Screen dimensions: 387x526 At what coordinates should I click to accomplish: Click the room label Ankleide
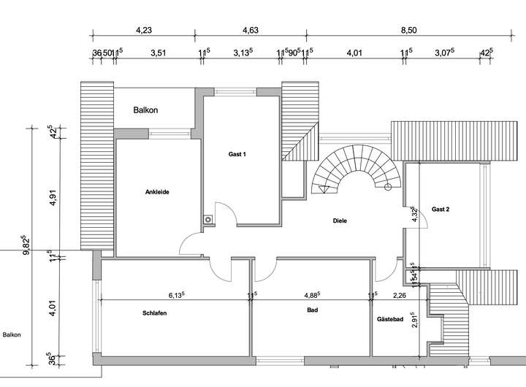[x=157, y=192]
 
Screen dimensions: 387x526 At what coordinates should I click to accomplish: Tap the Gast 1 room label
[x=237, y=154]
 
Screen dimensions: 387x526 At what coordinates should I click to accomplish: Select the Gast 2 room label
[x=441, y=209]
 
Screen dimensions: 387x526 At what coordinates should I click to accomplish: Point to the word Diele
[x=340, y=220]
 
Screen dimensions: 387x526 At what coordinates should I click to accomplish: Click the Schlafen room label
[x=155, y=313]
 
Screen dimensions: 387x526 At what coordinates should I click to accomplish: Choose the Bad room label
[x=313, y=310]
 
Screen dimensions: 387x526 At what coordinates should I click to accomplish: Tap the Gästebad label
[x=390, y=319]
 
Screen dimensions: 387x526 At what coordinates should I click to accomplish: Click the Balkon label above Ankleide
[x=145, y=110]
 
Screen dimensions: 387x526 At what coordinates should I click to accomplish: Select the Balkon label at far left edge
[x=11, y=335]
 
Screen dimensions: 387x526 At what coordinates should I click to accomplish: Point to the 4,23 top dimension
[x=144, y=31]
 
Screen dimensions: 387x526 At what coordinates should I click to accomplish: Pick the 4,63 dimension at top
[x=251, y=31]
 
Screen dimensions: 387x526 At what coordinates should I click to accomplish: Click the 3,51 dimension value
[x=158, y=53]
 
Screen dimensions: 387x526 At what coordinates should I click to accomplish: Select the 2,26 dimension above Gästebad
[x=400, y=295]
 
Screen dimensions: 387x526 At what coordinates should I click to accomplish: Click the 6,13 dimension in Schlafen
[x=176, y=295]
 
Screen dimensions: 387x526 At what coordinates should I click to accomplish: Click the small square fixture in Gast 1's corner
[x=208, y=218]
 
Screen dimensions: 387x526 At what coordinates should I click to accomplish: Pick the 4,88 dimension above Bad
[x=313, y=295]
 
